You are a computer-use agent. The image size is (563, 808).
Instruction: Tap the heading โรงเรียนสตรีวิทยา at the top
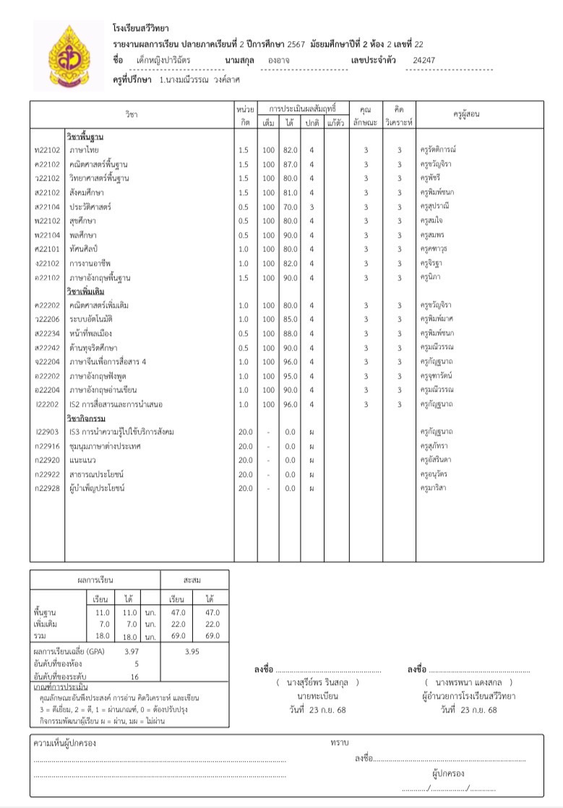pyautogui.click(x=140, y=28)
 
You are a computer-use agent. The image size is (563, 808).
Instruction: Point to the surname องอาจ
pyautogui.click(x=280, y=61)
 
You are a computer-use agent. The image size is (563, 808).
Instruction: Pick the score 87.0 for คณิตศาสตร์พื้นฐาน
pyautogui.click(x=291, y=164)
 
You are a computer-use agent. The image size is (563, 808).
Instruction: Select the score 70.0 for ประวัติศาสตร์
pyautogui.click(x=291, y=207)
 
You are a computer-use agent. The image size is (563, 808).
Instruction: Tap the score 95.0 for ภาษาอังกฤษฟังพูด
pyautogui.click(x=291, y=376)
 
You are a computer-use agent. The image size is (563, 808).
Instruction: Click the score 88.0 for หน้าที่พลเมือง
pyautogui.click(x=291, y=333)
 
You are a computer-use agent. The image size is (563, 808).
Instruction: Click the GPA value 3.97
pyautogui.click(x=132, y=651)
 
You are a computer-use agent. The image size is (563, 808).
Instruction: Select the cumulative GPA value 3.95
pyautogui.click(x=192, y=651)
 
